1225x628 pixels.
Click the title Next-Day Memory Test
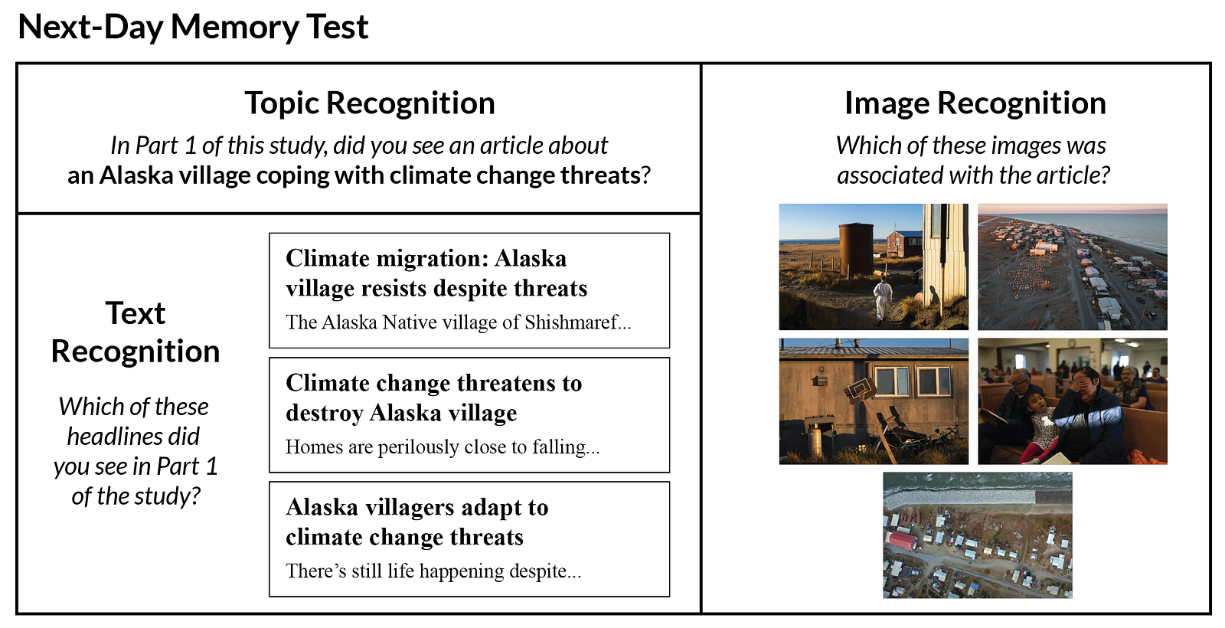click(193, 26)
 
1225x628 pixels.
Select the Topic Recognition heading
click(370, 103)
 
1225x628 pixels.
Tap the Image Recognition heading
click(975, 103)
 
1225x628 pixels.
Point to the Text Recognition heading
click(136, 332)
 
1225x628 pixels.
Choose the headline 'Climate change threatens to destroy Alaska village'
click(433, 397)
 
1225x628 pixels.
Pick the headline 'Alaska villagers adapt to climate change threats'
click(416, 522)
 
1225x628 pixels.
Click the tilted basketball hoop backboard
click(861, 391)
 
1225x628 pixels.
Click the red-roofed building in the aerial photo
click(902, 541)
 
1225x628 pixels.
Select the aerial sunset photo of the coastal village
click(1073, 267)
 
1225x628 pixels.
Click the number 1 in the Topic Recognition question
click(191, 146)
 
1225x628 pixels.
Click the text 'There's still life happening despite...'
click(433, 571)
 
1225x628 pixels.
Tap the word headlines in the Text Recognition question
click(134, 437)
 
